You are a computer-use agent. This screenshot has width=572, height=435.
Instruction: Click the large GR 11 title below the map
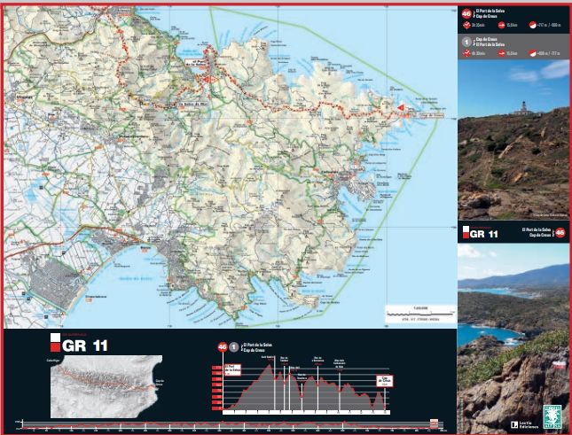pos(84,346)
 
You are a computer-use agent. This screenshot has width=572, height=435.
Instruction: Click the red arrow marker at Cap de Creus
pos(401,109)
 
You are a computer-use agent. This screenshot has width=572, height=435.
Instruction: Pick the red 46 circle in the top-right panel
pos(467,14)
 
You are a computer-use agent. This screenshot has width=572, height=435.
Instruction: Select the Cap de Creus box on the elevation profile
pos(384,381)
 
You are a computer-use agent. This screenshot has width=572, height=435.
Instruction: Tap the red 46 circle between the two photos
pos(559,233)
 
